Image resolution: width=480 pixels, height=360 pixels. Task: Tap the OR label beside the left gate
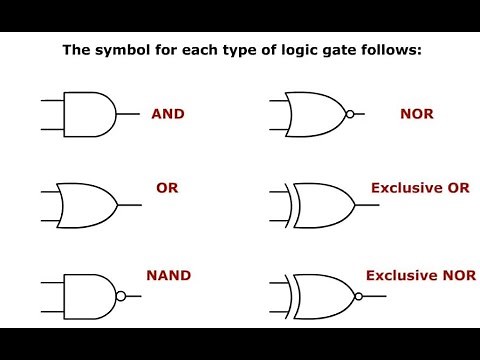click(167, 187)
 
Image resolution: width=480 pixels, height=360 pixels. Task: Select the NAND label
click(169, 273)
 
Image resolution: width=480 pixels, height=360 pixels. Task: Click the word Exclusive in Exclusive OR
click(399, 187)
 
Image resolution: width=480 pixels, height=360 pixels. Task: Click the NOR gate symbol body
click(316, 114)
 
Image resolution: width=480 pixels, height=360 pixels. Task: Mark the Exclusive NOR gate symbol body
click(320, 296)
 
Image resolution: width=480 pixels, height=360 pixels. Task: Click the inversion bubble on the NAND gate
click(121, 296)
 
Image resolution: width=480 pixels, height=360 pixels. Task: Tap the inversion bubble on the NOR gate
click(349, 114)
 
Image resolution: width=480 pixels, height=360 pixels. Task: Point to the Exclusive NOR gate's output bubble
click(356, 296)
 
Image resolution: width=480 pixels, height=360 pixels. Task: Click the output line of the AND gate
click(127, 114)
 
